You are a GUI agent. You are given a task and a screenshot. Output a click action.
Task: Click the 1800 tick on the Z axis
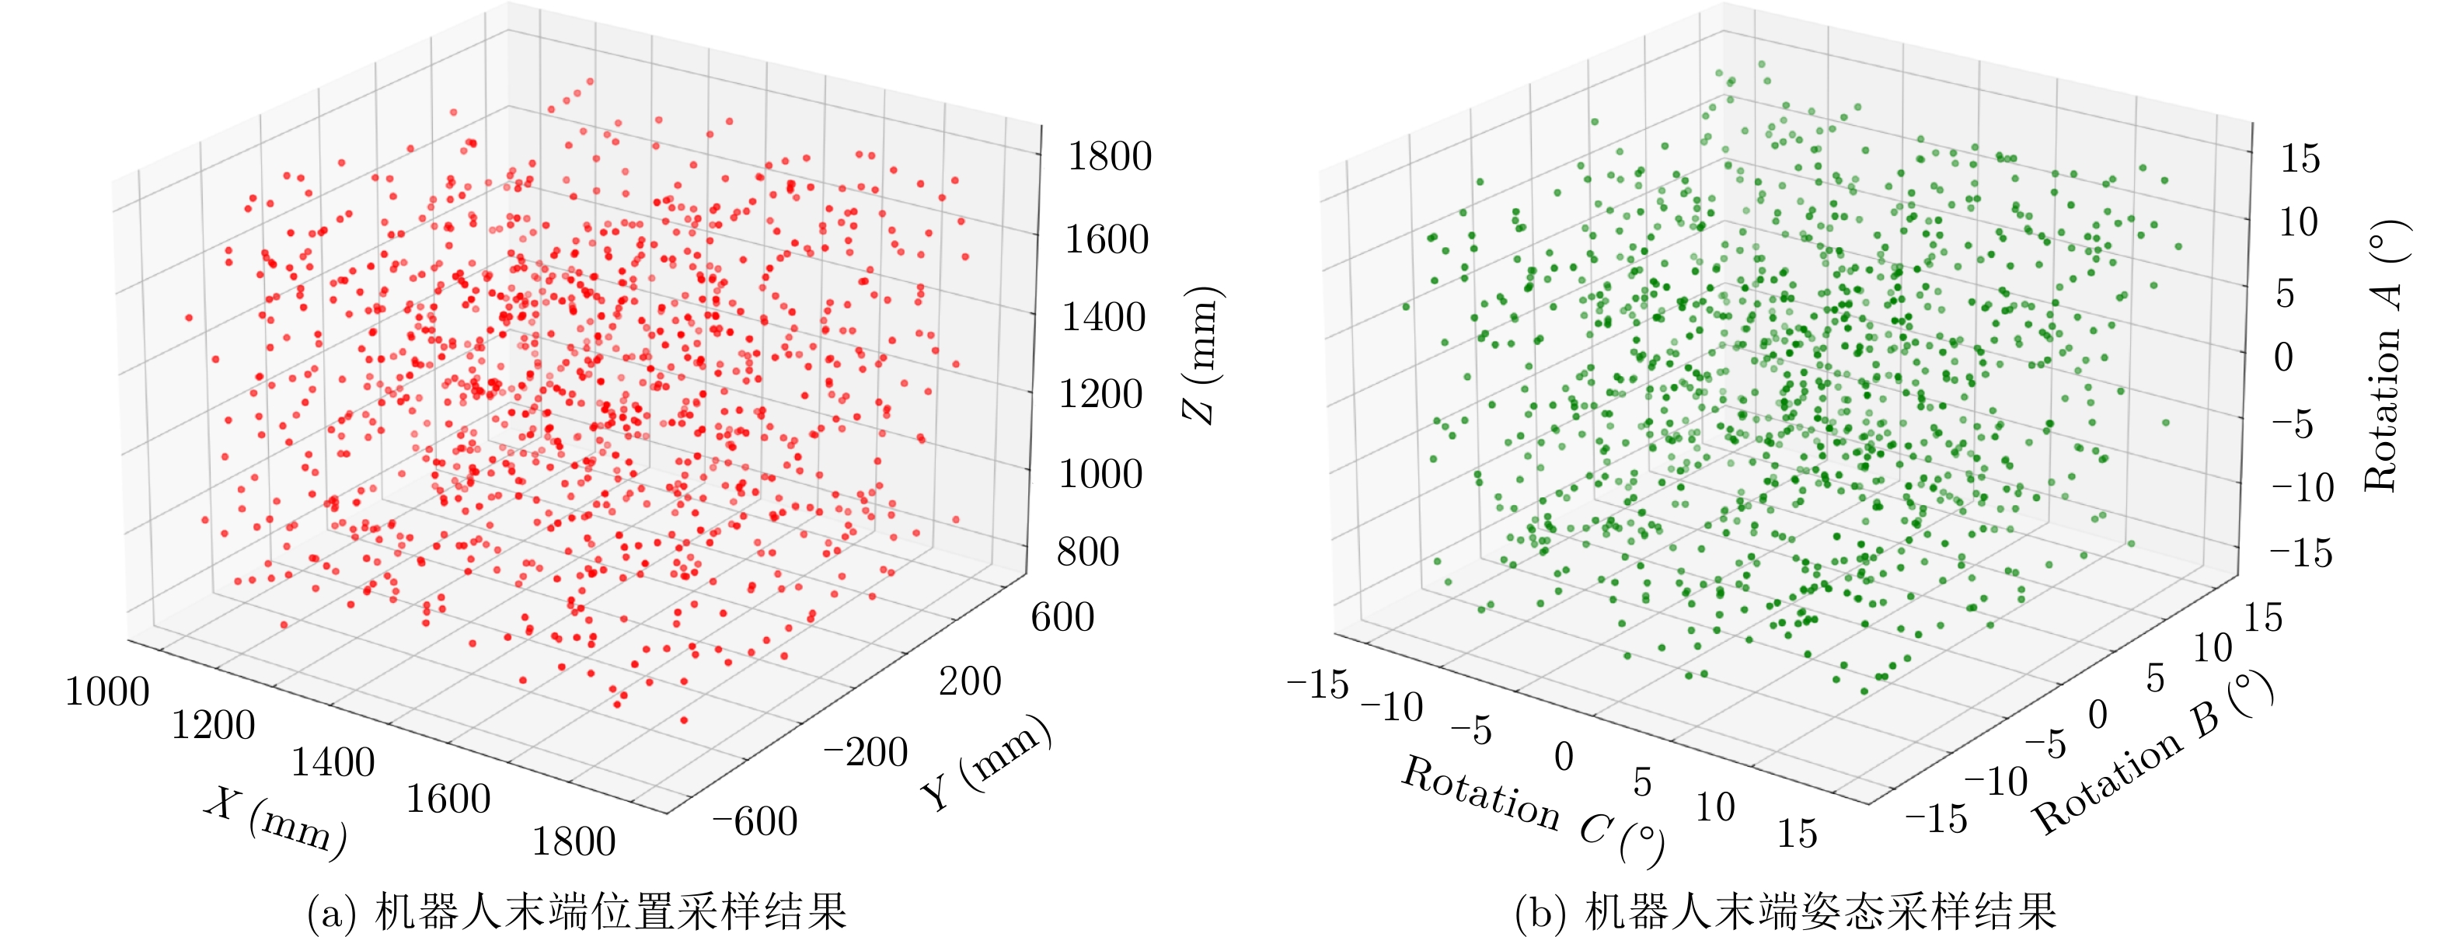(1109, 157)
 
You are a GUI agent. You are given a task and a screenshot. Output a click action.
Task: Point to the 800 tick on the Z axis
(1088, 552)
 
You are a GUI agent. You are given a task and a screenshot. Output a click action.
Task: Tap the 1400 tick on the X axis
(333, 762)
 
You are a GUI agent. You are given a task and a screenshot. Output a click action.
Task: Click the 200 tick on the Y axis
(969, 681)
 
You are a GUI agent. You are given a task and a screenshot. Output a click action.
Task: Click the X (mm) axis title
(276, 822)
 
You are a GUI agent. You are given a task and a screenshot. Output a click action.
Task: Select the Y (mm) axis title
(986, 763)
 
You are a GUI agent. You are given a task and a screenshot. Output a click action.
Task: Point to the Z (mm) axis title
(1200, 354)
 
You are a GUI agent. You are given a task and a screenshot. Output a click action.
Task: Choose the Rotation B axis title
(2153, 754)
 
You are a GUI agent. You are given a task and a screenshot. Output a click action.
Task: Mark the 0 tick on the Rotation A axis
(2283, 358)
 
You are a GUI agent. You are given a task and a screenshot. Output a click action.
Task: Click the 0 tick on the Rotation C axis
(1564, 758)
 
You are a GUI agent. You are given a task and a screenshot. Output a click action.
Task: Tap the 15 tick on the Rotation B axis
(2263, 618)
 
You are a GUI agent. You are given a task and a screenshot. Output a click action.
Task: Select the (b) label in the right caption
(1540, 913)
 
